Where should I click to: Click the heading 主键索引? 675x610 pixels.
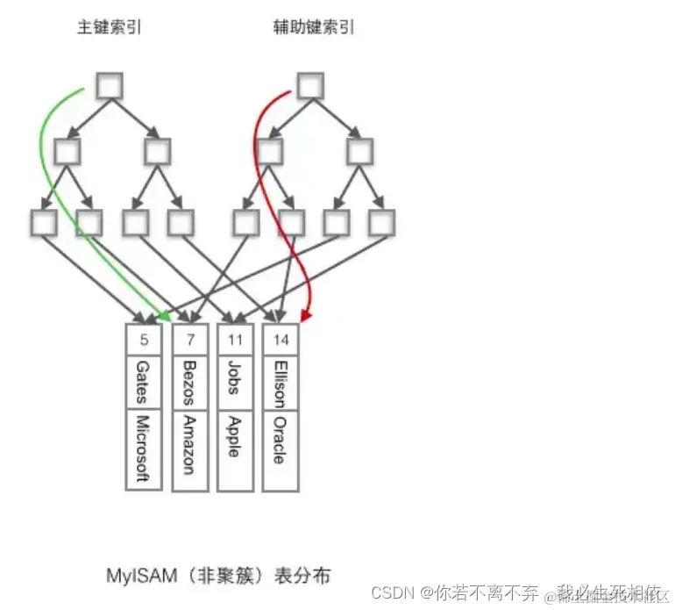pyautogui.click(x=110, y=27)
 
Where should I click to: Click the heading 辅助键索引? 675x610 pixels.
pyautogui.click(x=313, y=27)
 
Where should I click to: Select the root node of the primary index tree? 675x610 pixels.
pyautogui.click(x=110, y=86)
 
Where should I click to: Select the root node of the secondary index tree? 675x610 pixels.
pyautogui.click(x=311, y=86)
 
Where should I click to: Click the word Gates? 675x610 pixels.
pyautogui.click(x=143, y=381)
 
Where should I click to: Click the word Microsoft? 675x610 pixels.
pyautogui.click(x=143, y=449)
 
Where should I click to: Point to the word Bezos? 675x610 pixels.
pyautogui.click(x=188, y=382)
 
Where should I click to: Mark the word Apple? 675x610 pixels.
pyautogui.click(x=234, y=434)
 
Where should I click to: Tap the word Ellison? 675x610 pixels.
pyautogui.click(x=280, y=383)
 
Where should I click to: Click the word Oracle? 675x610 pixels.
pyautogui.click(x=280, y=440)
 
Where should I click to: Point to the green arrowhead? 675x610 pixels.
pyautogui.click(x=163, y=313)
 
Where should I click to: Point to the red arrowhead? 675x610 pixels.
pyautogui.click(x=306, y=313)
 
